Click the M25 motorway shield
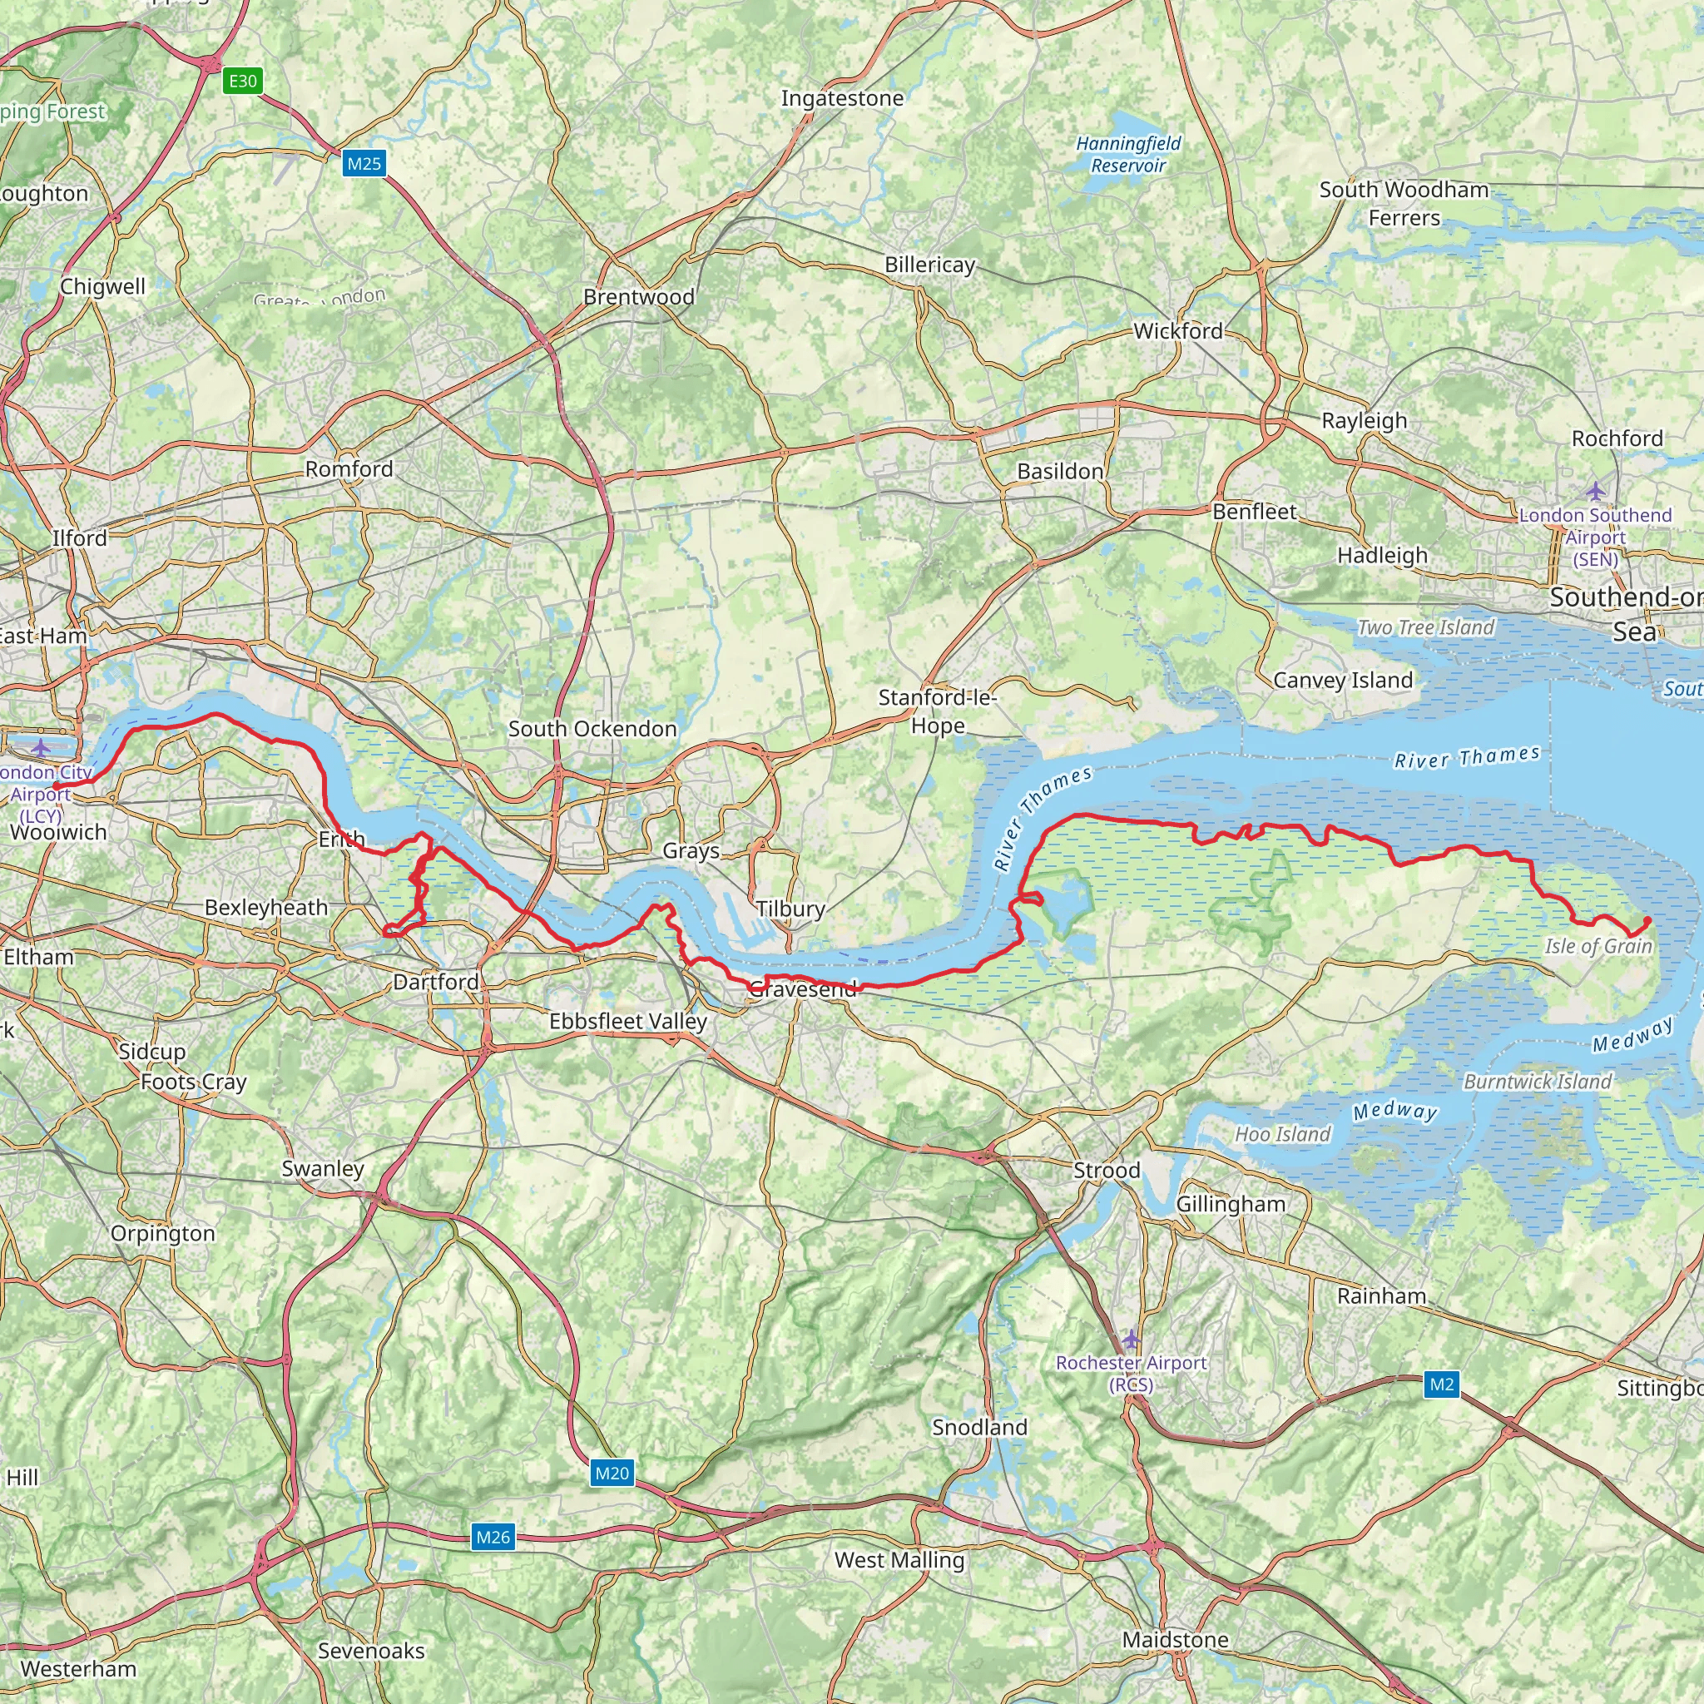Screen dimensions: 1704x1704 (364, 163)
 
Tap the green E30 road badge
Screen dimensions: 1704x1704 (243, 82)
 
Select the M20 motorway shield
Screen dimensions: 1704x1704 (612, 1473)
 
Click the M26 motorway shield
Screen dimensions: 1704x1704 (493, 1538)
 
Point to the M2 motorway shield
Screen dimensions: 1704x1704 (1442, 1384)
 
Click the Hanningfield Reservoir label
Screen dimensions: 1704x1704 (1128, 155)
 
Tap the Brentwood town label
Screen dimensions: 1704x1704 (638, 297)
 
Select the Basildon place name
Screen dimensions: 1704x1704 (1060, 471)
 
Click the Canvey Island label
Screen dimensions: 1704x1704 (1342, 680)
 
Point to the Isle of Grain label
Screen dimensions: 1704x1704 (1598, 946)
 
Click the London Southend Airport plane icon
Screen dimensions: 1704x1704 (1596, 490)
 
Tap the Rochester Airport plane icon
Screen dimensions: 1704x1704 (1131, 1340)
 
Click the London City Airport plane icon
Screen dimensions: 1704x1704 (41, 749)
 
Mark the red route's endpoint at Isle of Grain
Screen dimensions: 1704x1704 (1647, 921)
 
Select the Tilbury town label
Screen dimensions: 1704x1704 (790, 909)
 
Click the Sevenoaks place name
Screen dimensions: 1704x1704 (370, 1650)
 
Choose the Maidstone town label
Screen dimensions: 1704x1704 (1175, 1640)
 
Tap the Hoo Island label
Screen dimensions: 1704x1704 (1281, 1134)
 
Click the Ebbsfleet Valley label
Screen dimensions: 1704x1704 (628, 1022)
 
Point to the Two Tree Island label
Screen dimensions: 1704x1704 (1426, 627)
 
